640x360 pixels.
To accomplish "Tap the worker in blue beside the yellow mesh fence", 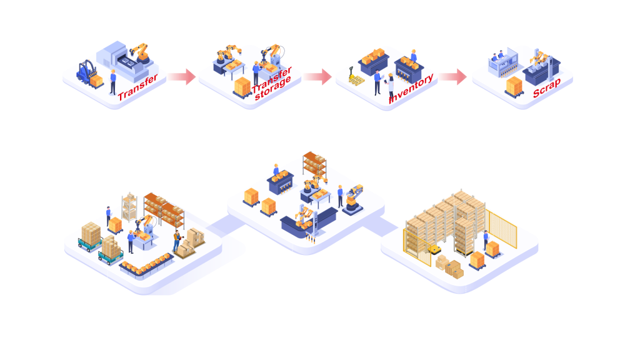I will pos(486,238).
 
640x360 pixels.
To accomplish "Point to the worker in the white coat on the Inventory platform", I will pos(391,83).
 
